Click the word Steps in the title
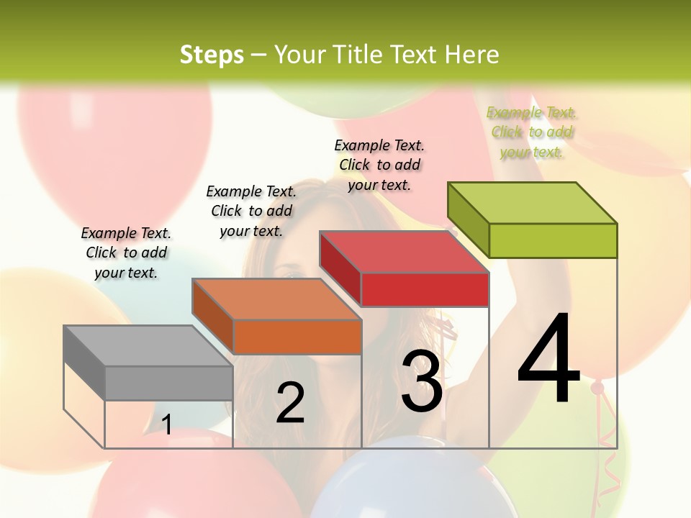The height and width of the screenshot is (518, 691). tap(212, 55)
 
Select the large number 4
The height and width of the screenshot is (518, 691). tap(548, 360)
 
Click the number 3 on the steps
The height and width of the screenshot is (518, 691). tap(422, 381)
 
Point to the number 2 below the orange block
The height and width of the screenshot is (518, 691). tap(290, 403)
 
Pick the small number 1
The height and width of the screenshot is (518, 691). tap(166, 424)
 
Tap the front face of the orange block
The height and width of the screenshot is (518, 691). tap(297, 337)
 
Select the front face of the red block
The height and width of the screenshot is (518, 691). tap(425, 289)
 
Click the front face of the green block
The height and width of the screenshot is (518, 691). tap(553, 240)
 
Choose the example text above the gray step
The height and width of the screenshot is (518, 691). tap(127, 253)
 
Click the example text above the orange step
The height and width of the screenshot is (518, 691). tap(251, 211)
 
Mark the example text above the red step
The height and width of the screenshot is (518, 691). tap(379, 165)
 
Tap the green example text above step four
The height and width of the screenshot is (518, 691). tap(531, 132)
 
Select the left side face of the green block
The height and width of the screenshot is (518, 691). tap(469, 218)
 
